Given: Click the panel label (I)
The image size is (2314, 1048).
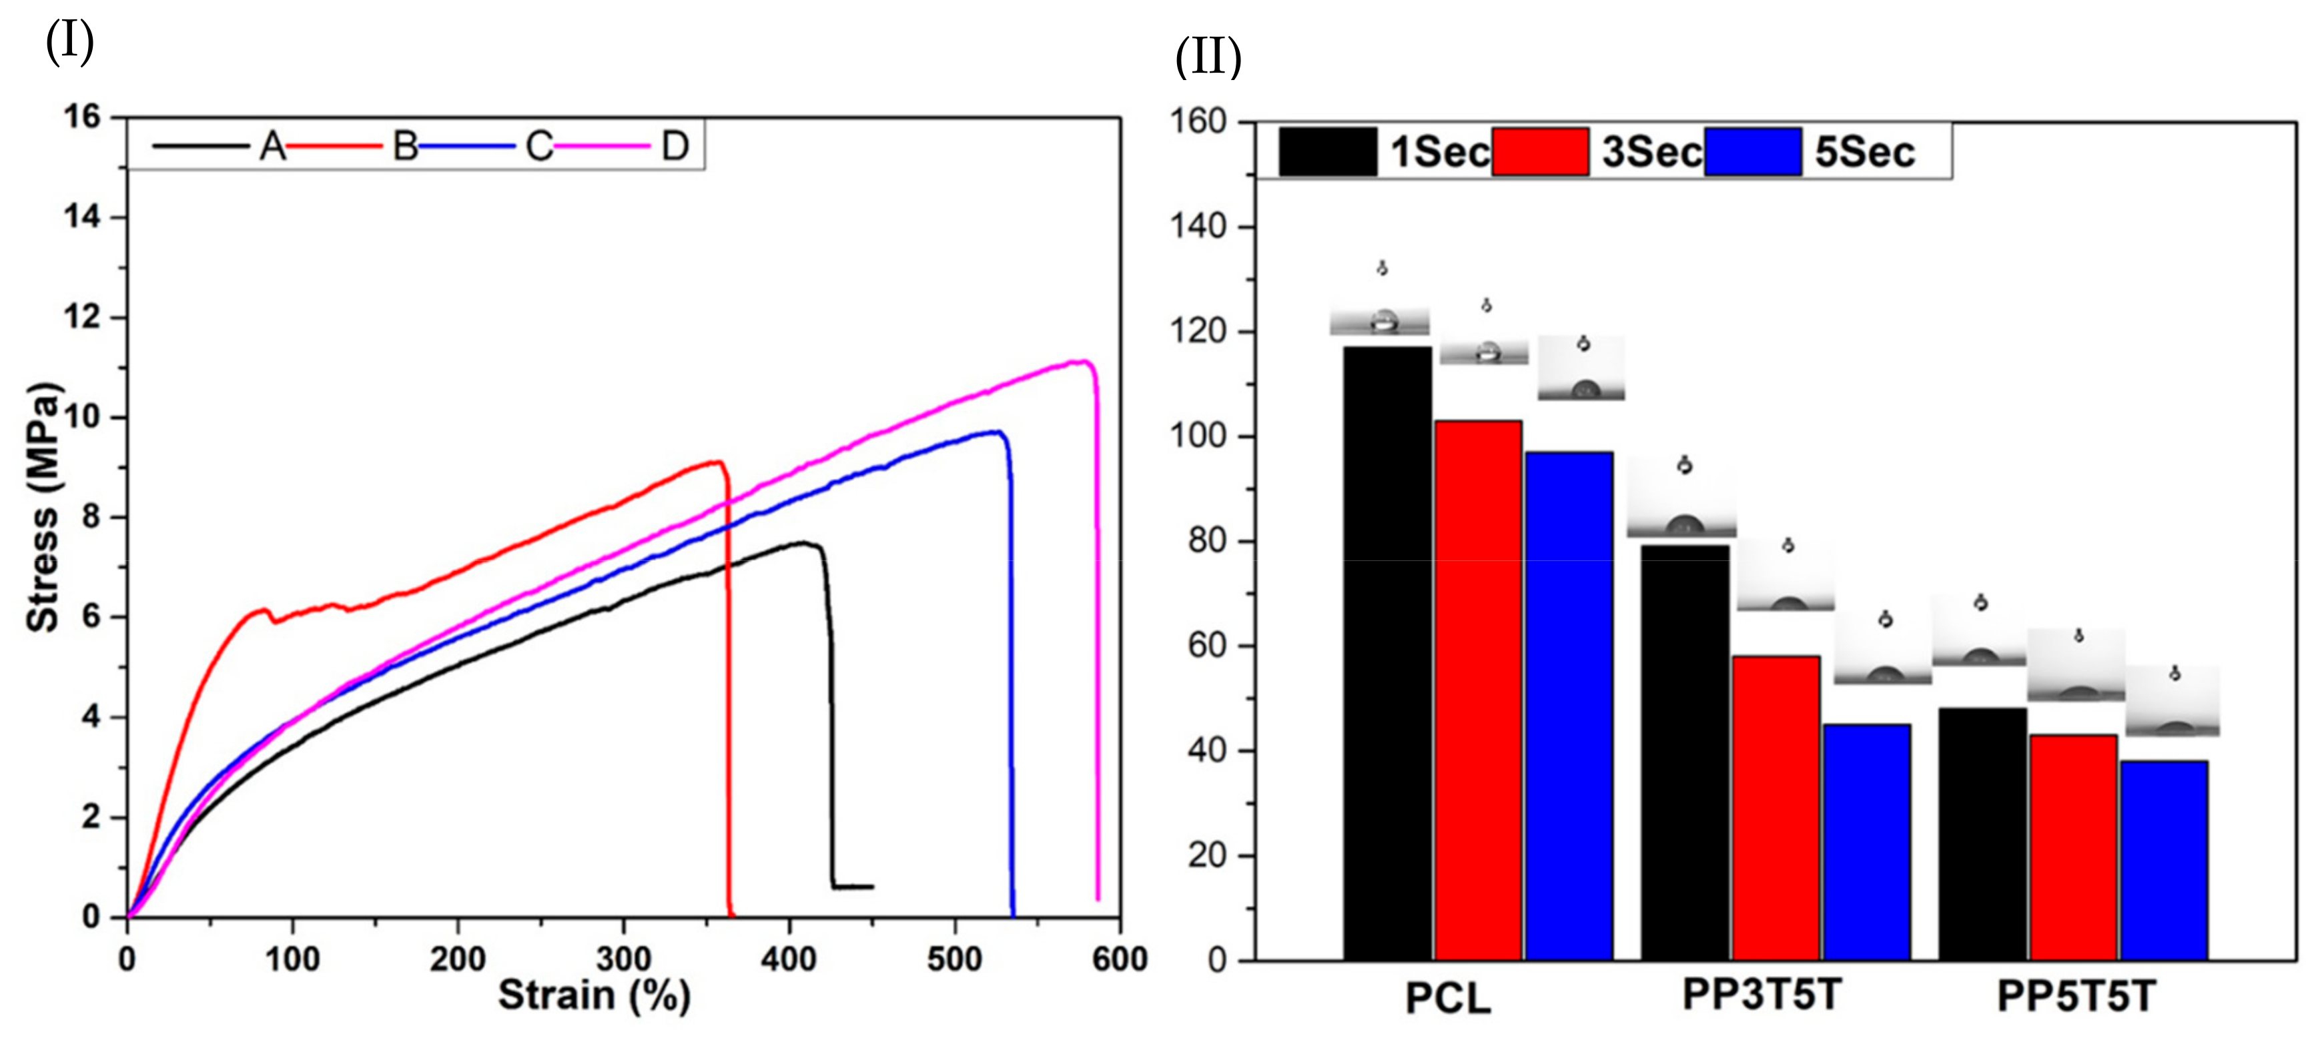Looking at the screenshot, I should point(69,41).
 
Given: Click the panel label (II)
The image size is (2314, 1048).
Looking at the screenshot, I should point(1208,57).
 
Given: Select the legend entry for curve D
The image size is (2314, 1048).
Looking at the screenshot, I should point(675,145).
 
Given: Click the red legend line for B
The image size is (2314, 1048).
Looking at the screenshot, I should point(334,145).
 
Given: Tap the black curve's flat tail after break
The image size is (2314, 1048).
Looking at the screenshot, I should point(853,887).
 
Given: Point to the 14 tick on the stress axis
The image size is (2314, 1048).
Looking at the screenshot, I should point(83,217).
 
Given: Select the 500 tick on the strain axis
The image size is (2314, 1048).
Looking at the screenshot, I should point(954,959).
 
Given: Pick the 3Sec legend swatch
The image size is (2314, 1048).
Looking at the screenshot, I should point(1540,151).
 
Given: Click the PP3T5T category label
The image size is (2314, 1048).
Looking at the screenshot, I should point(1762,994).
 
